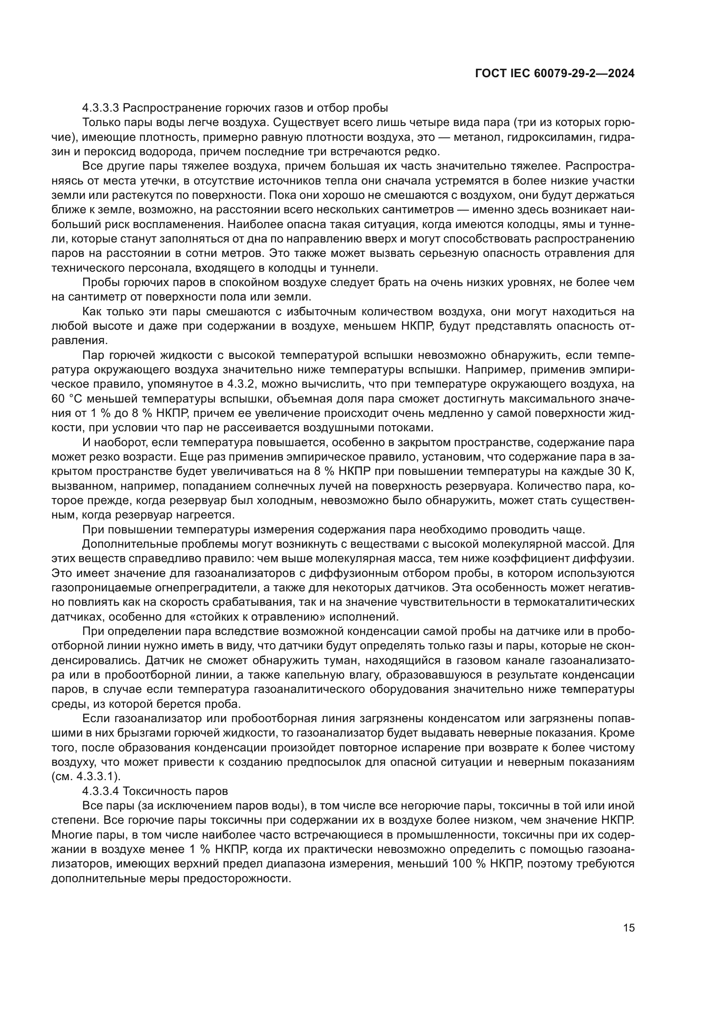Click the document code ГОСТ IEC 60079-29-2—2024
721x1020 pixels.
point(554,74)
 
